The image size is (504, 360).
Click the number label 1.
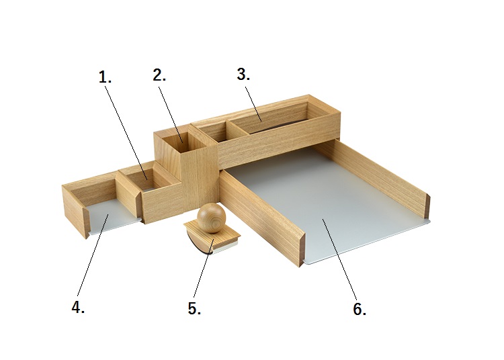(105, 77)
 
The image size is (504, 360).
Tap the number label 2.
(159, 75)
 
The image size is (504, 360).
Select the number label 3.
(243, 74)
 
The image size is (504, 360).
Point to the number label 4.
(78, 307)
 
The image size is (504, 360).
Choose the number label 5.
(194, 308)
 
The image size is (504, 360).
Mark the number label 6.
(360, 309)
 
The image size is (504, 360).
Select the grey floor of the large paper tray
(325, 206)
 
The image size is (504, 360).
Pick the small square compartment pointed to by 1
(144, 179)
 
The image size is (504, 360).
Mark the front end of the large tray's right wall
(428, 206)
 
